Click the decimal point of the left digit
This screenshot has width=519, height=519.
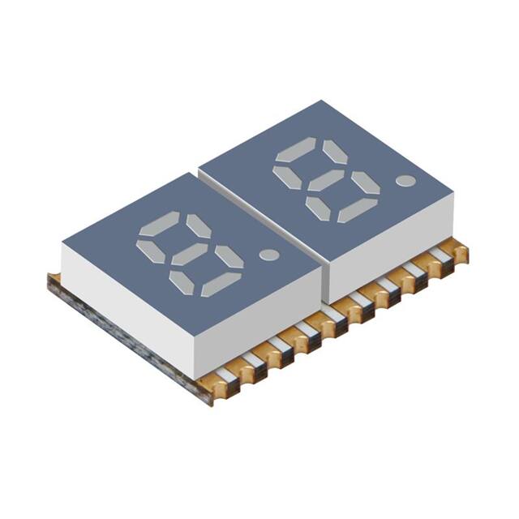[x=268, y=254]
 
